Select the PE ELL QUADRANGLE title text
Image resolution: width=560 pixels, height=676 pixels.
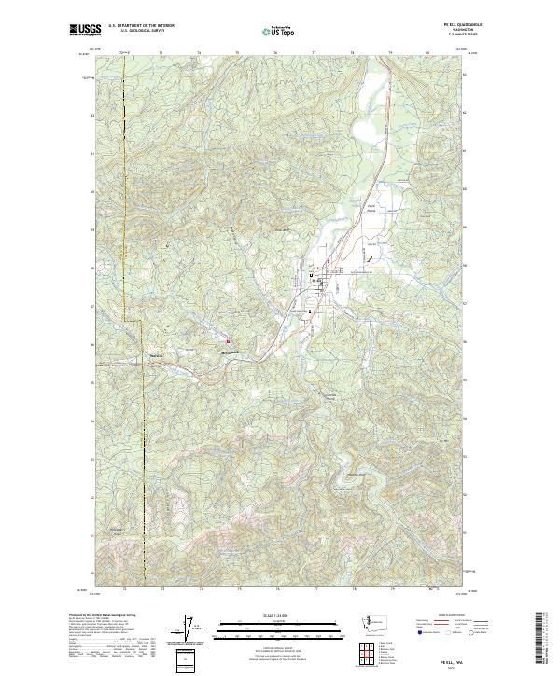(x=447, y=25)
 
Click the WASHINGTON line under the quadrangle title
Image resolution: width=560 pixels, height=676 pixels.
(x=447, y=30)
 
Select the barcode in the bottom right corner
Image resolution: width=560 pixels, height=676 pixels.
(x=539, y=639)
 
